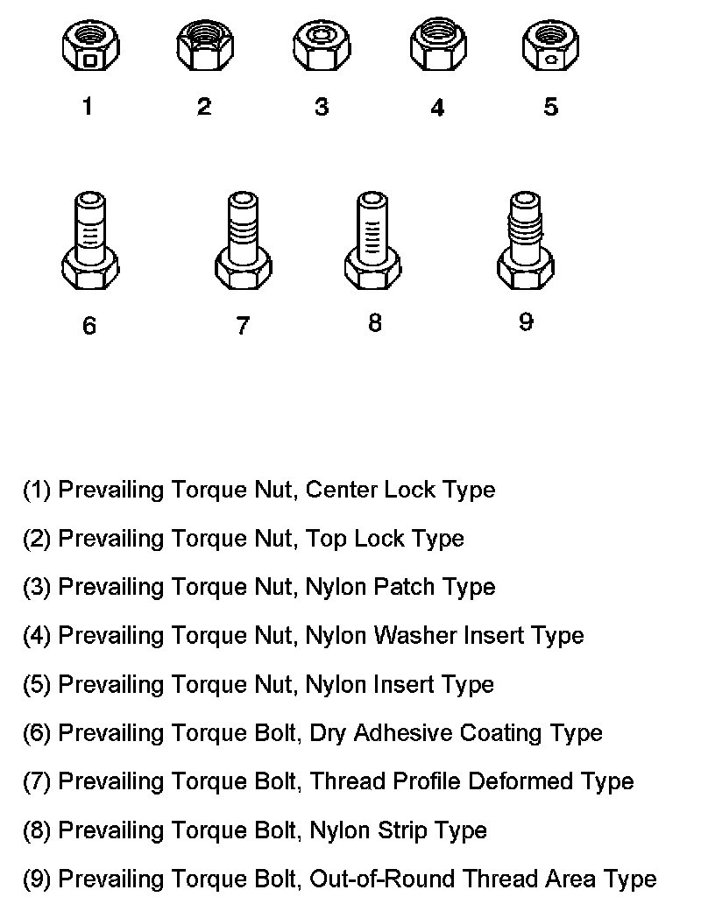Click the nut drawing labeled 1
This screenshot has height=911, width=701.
pos(90,49)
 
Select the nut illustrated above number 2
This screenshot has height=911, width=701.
pos(204,49)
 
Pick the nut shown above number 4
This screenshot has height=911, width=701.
pos(437,49)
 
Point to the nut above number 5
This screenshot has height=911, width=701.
pos(550,49)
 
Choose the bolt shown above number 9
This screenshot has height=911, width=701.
pos(526,242)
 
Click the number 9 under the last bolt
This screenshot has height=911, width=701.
pos(526,322)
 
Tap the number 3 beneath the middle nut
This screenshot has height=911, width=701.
pos(322,107)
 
